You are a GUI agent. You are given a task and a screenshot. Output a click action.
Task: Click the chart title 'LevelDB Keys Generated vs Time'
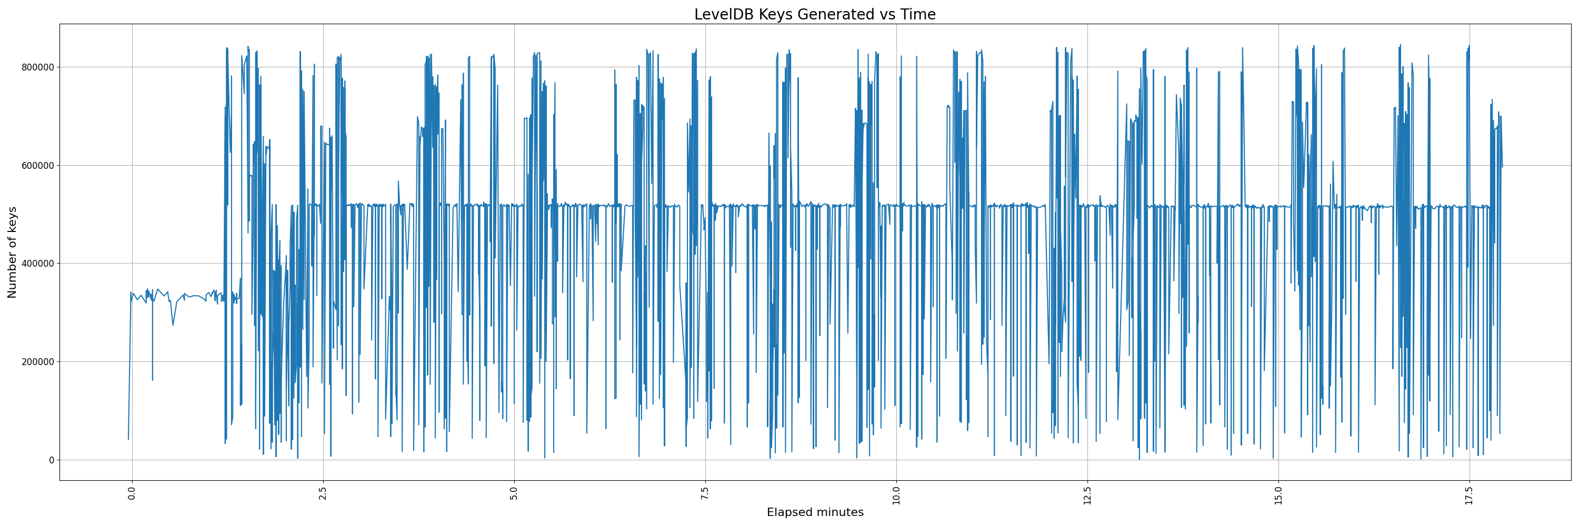pos(815,14)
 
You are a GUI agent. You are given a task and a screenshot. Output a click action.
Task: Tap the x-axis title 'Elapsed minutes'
pos(815,512)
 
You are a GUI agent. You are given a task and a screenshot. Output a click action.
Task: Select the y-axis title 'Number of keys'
pos(12,252)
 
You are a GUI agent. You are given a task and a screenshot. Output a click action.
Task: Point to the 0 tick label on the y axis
pos(52,460)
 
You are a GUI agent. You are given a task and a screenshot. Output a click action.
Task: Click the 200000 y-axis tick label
pos(36,362)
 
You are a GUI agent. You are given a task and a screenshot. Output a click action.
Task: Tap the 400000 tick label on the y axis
pos(36,264)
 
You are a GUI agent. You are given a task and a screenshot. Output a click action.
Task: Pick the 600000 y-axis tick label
pos(36,165)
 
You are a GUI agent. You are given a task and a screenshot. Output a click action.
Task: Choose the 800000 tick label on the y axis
pos(36,67)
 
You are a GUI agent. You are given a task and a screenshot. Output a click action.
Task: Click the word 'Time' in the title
pos(917,14)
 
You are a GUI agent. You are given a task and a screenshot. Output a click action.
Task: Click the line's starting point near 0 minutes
pos(128,439)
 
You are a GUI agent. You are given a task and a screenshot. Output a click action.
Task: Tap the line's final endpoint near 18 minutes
pos(1502,167)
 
